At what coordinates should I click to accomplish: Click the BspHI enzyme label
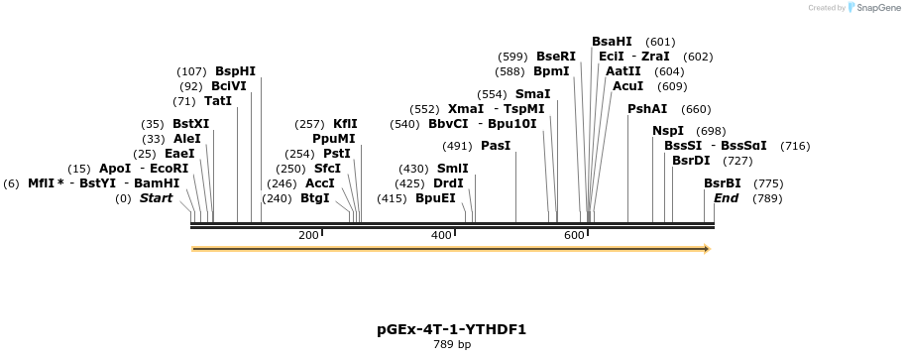pos(235,71)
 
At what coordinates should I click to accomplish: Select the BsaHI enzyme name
pos(612,42)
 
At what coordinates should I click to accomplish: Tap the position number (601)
pos(660,42)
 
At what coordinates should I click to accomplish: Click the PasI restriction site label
pos(496,146)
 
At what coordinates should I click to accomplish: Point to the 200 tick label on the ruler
pos(308,235)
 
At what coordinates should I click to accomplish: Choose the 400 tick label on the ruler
pos(441,235)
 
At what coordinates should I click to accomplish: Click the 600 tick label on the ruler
pos(574,235)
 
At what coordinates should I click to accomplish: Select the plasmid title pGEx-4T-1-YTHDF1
pos(451,329)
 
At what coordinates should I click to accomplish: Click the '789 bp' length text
pos(451,345)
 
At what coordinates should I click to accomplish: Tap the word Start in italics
pos(156,198)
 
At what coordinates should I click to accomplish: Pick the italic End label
pos(727,198)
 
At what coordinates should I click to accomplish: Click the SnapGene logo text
pos(873,8)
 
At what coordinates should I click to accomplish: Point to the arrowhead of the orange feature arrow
pos(706,249)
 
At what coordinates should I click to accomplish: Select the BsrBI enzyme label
pos(723,183)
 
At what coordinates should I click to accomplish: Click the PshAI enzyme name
pos(648,109)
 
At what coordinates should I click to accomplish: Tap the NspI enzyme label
pos(668,131)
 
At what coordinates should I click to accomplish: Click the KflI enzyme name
pos(345,124)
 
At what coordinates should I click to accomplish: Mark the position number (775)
pos(769,183)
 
